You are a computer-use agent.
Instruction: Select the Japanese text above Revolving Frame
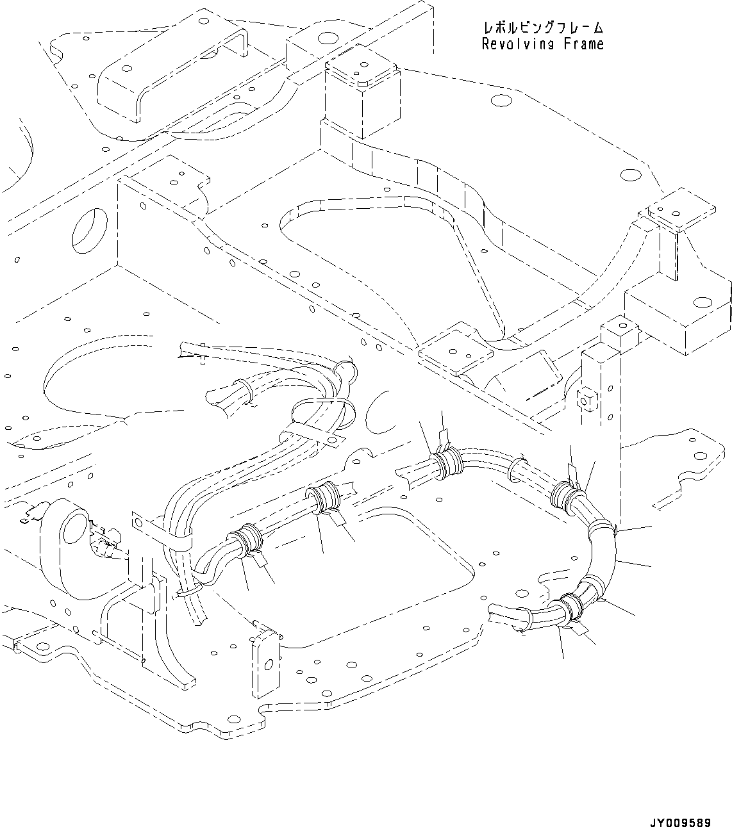542,28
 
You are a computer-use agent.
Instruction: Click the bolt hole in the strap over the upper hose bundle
331,439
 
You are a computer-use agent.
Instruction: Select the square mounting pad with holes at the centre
455,352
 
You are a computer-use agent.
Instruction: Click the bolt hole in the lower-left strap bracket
137,521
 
